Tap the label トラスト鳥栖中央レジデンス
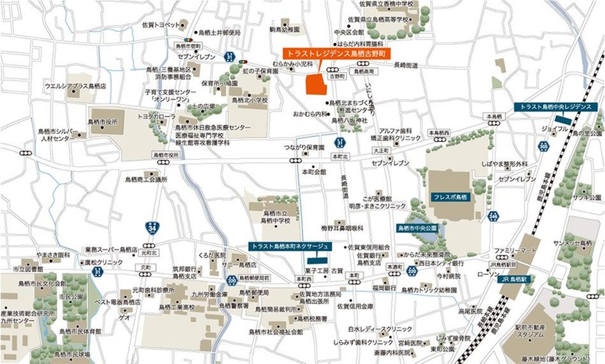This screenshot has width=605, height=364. (556, 107)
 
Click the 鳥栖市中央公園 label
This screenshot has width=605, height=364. (417, 227)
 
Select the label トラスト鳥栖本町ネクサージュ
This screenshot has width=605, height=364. (289, 245)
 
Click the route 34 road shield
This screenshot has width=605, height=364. (151, 226)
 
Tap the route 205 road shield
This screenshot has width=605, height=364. (543, 146)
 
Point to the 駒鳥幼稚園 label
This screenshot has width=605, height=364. (285, 29)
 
